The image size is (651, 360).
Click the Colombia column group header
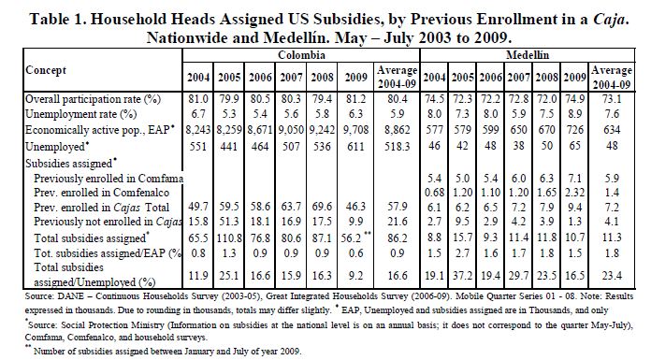point(301,55)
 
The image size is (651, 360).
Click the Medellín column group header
point(528,55)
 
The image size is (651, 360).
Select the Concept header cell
point(46,70)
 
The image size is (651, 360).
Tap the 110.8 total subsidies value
point(229,238)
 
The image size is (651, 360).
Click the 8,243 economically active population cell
point(198,130)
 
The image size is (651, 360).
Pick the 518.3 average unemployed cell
point(397,147)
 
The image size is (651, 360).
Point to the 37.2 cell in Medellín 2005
point(462,275)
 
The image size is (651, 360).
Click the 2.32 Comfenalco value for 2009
point(574,193)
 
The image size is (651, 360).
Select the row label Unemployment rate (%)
point(81,114)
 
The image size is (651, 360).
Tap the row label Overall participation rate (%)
point(93,99)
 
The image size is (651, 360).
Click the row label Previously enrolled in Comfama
point(108,179)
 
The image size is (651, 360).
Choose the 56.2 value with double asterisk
point(355,238)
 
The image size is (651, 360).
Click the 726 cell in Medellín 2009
point(574,130)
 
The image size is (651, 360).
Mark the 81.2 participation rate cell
point(355,99)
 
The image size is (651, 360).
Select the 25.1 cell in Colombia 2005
point(229,275)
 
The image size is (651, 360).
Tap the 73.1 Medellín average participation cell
point(612,99)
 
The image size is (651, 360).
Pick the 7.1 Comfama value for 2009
point(574,179)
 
